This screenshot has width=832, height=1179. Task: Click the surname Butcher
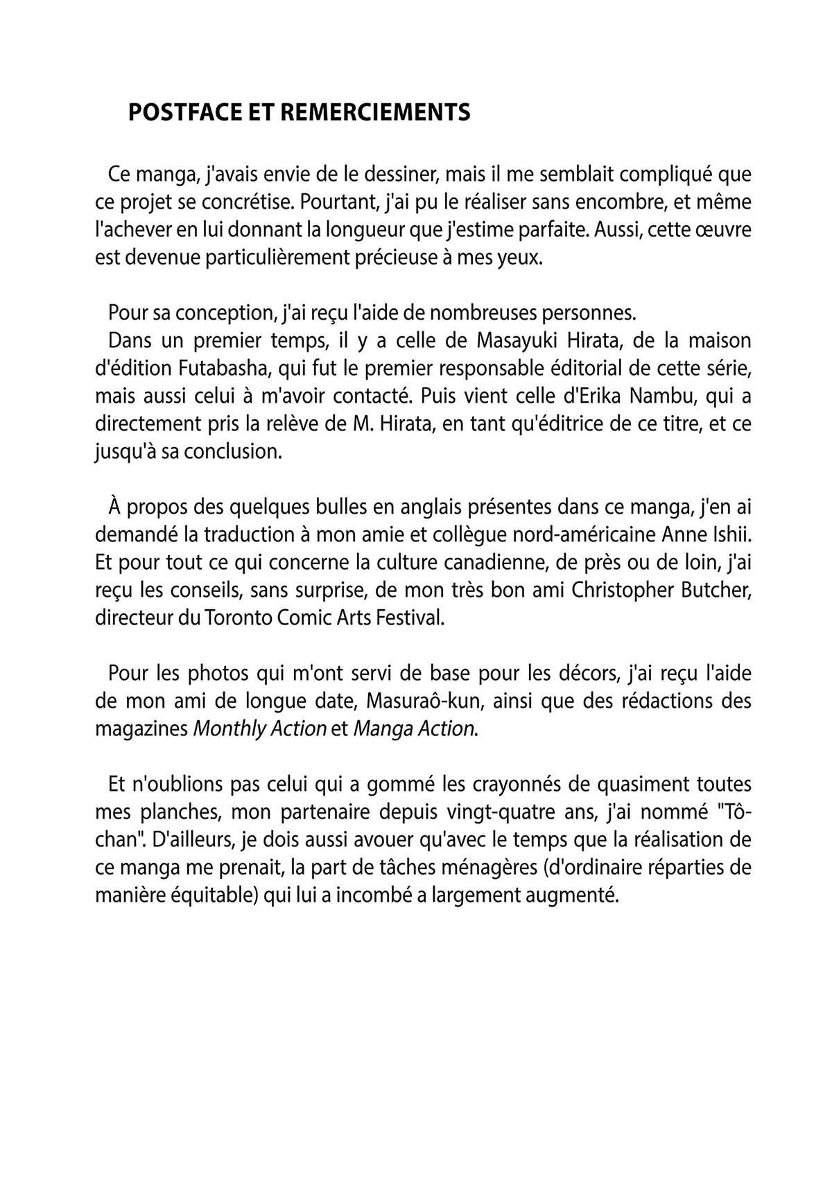[x=721, y=590]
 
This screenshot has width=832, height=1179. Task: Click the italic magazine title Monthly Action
[x=259, y=728]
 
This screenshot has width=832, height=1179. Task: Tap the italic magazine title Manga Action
[x=415, y=728]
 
